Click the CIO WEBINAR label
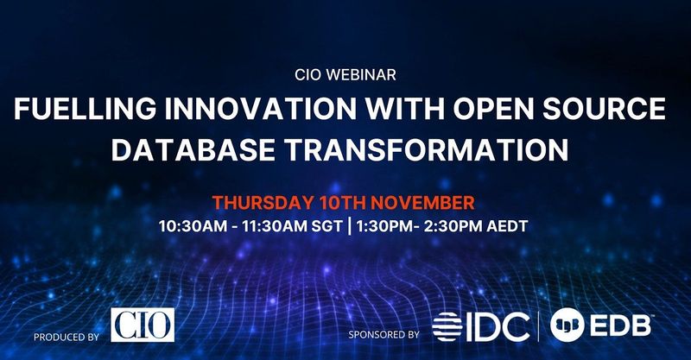(344, 75)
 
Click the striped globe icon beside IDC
(452, 325)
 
